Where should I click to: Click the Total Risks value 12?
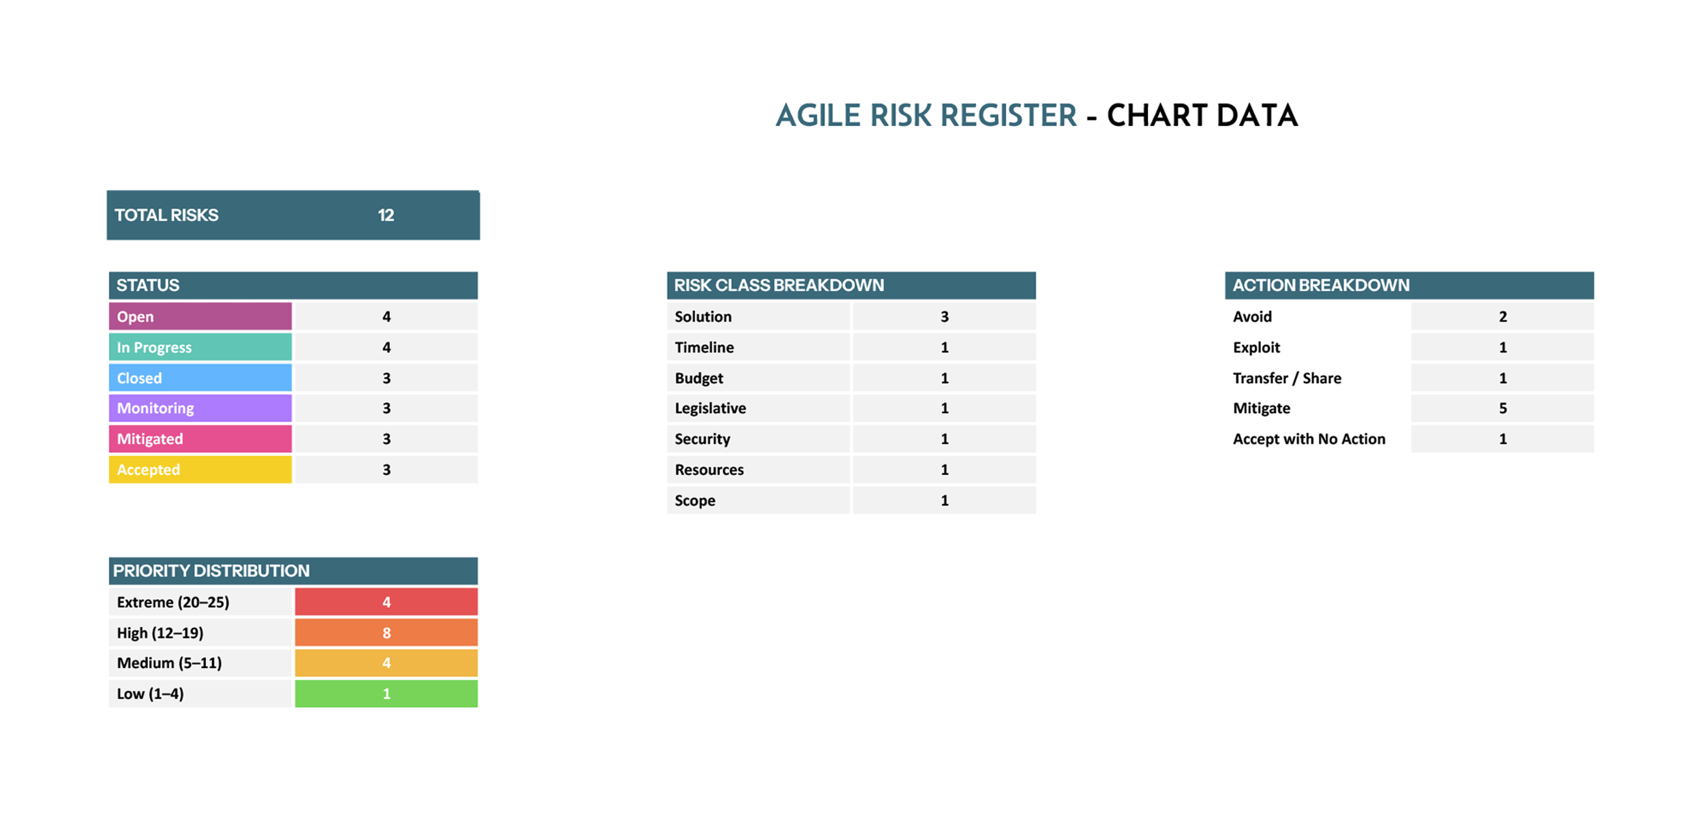coord(386,215)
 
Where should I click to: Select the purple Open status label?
coord(200,316)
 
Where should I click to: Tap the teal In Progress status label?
coord(200,347)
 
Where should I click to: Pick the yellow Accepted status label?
coord(200,470)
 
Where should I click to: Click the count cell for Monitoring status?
coord(386,408)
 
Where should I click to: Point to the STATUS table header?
coord(293,286)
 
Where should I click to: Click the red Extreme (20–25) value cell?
coord(386,602)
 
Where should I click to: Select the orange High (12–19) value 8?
coord(386,633)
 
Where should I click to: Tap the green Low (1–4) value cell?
coord(386,694)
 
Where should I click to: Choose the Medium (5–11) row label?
coord(169,663)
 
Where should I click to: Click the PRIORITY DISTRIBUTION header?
coord(293,571)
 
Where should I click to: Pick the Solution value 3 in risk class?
coord(944,316)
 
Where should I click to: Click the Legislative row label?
coord(710,408)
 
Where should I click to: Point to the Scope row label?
coord(695,500)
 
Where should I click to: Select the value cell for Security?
coord(944,439)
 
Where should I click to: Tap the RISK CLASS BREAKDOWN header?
coord(851,286)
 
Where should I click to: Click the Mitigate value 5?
coord(1502,408)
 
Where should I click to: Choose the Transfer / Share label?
coord(1287,378)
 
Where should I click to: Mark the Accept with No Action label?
coord(1309,439)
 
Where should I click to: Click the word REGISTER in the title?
coord(1007,115)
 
